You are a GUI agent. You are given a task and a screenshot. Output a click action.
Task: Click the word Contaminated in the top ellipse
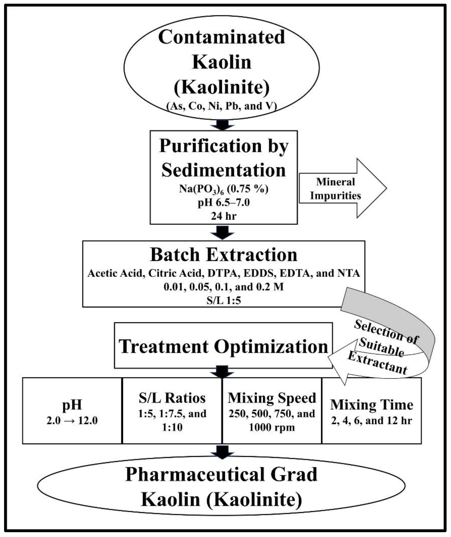tap(222, 37)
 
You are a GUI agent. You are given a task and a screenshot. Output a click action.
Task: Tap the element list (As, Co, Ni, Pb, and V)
tap(222, 106)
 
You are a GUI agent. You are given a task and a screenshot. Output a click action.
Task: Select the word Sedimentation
tap(223, 170)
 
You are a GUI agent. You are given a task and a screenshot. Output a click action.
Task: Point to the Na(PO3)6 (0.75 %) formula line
tap(223, 189)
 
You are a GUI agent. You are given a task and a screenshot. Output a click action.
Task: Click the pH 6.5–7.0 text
tap(223, 203)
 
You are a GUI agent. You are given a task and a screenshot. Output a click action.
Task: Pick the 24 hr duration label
tap(223, 216)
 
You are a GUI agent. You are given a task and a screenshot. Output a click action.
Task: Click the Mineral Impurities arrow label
tap(335, 189)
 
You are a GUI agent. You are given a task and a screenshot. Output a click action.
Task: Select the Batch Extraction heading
tap(223, 255)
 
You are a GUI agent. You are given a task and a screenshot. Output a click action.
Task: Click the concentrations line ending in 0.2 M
tap(223, 287)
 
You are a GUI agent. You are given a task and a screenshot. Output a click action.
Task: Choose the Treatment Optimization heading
tap(223, 347)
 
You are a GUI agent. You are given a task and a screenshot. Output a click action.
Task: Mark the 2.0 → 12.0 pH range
tap(72, 421)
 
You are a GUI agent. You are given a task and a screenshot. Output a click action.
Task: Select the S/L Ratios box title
tap(172, 398)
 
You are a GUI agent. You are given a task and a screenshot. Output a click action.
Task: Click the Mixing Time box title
tap(372, 405)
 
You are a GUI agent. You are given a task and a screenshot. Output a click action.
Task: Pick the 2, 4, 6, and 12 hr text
tap(372, 421)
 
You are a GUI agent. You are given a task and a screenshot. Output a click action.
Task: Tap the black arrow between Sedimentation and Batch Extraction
tap(222, 232)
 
